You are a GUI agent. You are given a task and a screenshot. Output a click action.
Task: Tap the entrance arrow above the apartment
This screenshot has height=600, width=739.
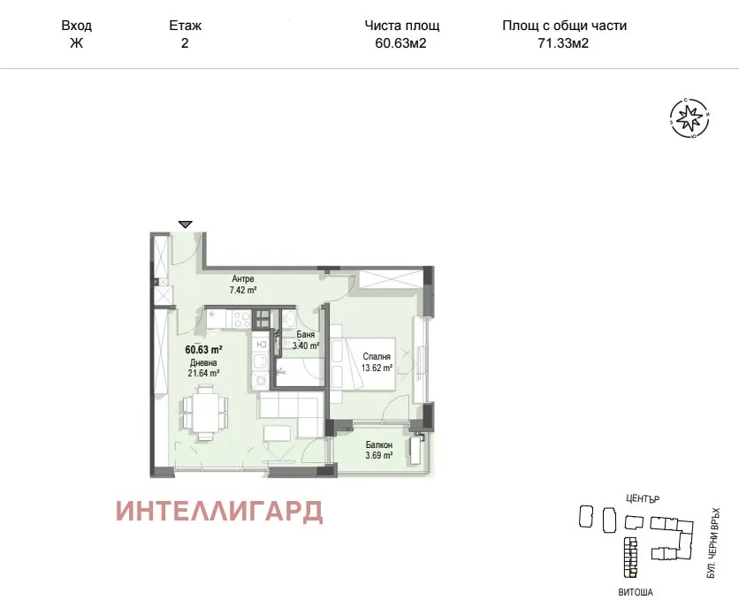(185, 224)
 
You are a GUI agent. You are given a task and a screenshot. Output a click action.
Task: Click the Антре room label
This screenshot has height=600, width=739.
(243, 279)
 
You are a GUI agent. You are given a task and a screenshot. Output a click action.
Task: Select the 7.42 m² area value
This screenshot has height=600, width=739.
(243, 290)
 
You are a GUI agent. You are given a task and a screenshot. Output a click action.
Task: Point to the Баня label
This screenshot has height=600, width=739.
(306, 335)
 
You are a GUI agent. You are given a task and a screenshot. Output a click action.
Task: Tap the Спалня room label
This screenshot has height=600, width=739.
(377, 357)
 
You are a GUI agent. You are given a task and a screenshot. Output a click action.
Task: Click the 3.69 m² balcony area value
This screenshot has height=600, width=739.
(378, 456)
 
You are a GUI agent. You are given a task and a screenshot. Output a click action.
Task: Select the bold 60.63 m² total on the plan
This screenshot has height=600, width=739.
(202, 349)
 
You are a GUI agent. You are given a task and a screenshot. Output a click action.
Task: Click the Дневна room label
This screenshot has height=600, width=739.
(202, 361)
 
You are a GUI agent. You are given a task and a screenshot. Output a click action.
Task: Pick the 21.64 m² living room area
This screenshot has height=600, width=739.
(202, 373)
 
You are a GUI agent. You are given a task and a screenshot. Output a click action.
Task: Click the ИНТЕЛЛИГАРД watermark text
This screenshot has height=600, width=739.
(219, 512)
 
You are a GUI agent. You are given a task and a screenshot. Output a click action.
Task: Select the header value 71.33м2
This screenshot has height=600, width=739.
(563, 42)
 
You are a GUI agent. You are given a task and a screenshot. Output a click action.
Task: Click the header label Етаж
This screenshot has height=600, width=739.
(184, 26)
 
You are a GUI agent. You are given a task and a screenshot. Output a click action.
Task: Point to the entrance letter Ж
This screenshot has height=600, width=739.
(76, 42)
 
